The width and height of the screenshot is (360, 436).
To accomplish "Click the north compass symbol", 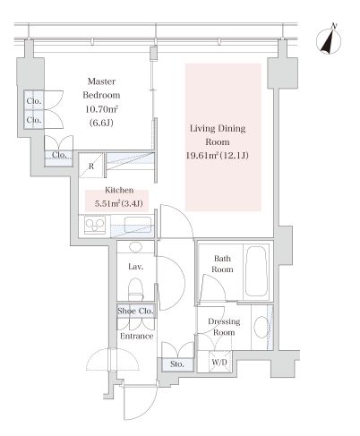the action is point(329,40).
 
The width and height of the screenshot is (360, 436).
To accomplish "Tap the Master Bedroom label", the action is point(101,88).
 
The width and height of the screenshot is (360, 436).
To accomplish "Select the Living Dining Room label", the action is point(218,135).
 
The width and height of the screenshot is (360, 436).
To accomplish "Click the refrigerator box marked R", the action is point(91,166).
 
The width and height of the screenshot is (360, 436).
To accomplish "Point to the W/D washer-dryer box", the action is point(219,362).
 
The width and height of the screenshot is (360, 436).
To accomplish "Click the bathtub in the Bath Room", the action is point(255,271).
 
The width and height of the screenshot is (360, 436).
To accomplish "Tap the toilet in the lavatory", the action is point(135,289).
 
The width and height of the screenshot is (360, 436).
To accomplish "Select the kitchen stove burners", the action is point(95,225).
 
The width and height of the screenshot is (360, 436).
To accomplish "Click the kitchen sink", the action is point(137,225).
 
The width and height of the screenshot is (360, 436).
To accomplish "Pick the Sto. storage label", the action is point(177,364).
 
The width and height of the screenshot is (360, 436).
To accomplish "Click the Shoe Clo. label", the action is point(135,311).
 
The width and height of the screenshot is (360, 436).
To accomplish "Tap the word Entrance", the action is point(137,336).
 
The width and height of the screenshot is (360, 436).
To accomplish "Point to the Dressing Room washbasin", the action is point(261,327).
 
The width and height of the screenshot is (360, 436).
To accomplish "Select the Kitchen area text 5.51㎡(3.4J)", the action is point(118,204).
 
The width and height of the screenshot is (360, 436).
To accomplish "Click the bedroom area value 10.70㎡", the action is point(101,109).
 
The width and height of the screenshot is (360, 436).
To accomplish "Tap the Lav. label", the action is point(136,267).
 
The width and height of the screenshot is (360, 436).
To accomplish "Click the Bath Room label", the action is point(222,264).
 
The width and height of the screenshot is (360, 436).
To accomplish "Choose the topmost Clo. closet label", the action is point(34,101).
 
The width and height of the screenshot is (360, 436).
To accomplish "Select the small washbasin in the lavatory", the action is point(136,247).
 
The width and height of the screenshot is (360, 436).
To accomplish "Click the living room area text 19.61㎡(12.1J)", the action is point(218,155).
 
